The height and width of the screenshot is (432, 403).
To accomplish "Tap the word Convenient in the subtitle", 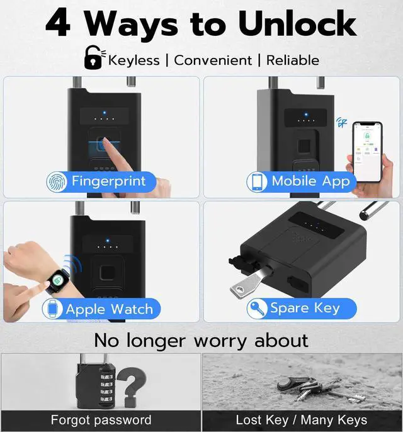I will click(x=212, y=60).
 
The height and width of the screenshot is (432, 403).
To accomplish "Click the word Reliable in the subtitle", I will click(x=292, y=60).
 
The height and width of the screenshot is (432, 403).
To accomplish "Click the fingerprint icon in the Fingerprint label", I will click(x=57, y=181).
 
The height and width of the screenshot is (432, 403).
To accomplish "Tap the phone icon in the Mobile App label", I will click(x=258, y=181).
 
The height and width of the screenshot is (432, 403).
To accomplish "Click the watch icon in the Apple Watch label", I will click(x=53, y=309).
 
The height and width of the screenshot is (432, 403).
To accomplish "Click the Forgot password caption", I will click(x=101, y=420).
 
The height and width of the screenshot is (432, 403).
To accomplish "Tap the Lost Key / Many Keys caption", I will click(x=301, y=420).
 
